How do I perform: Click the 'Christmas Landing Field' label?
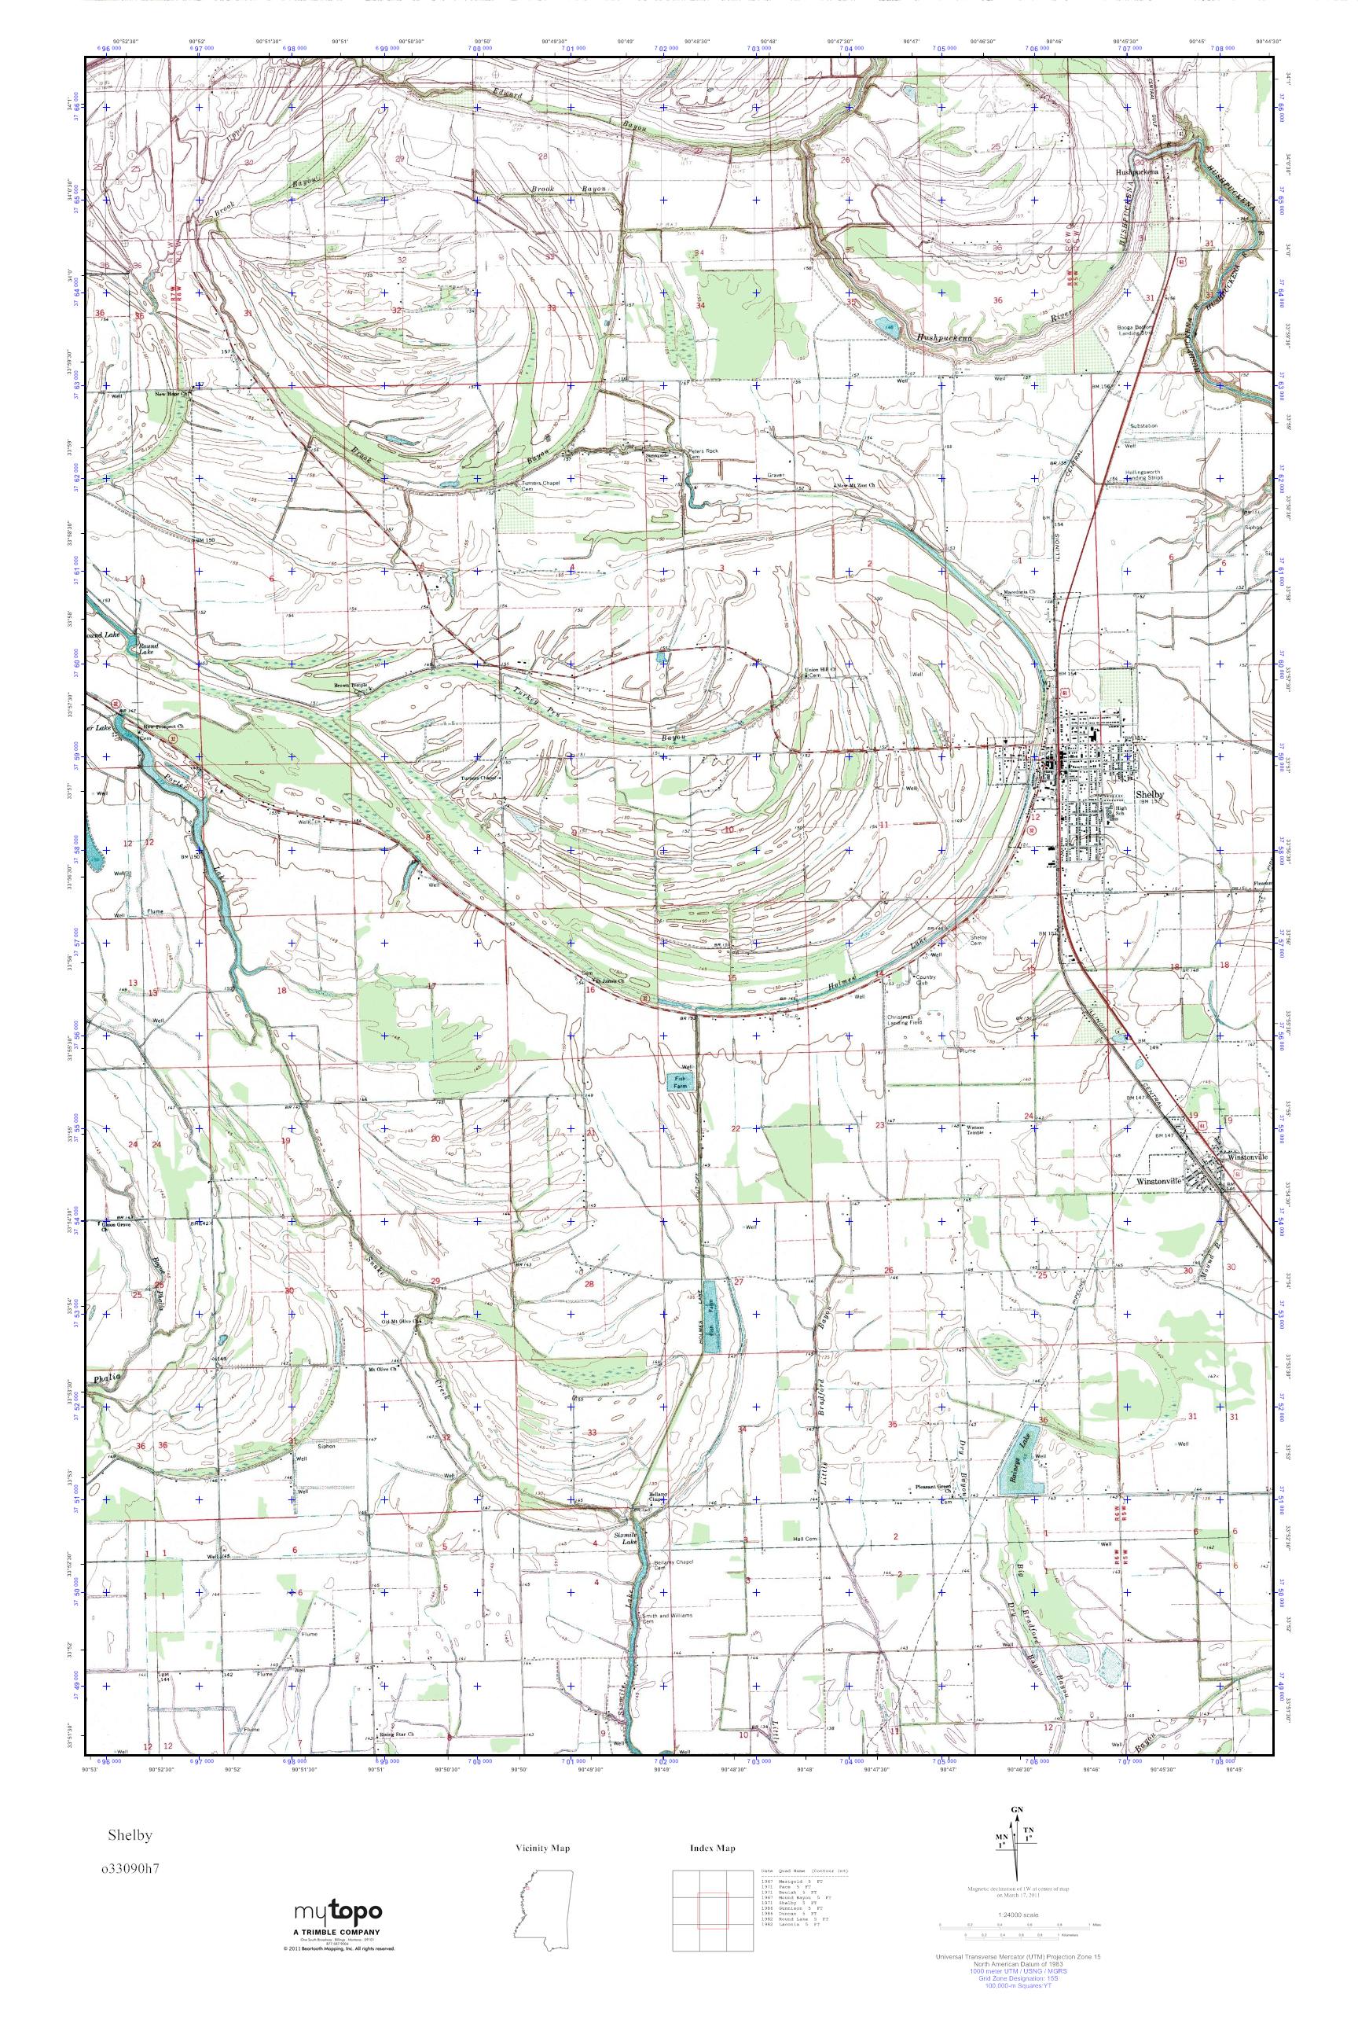pyautogui.click(x=906, y=1020)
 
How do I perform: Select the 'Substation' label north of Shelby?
pyautogui.click(x=1143, y=426)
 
